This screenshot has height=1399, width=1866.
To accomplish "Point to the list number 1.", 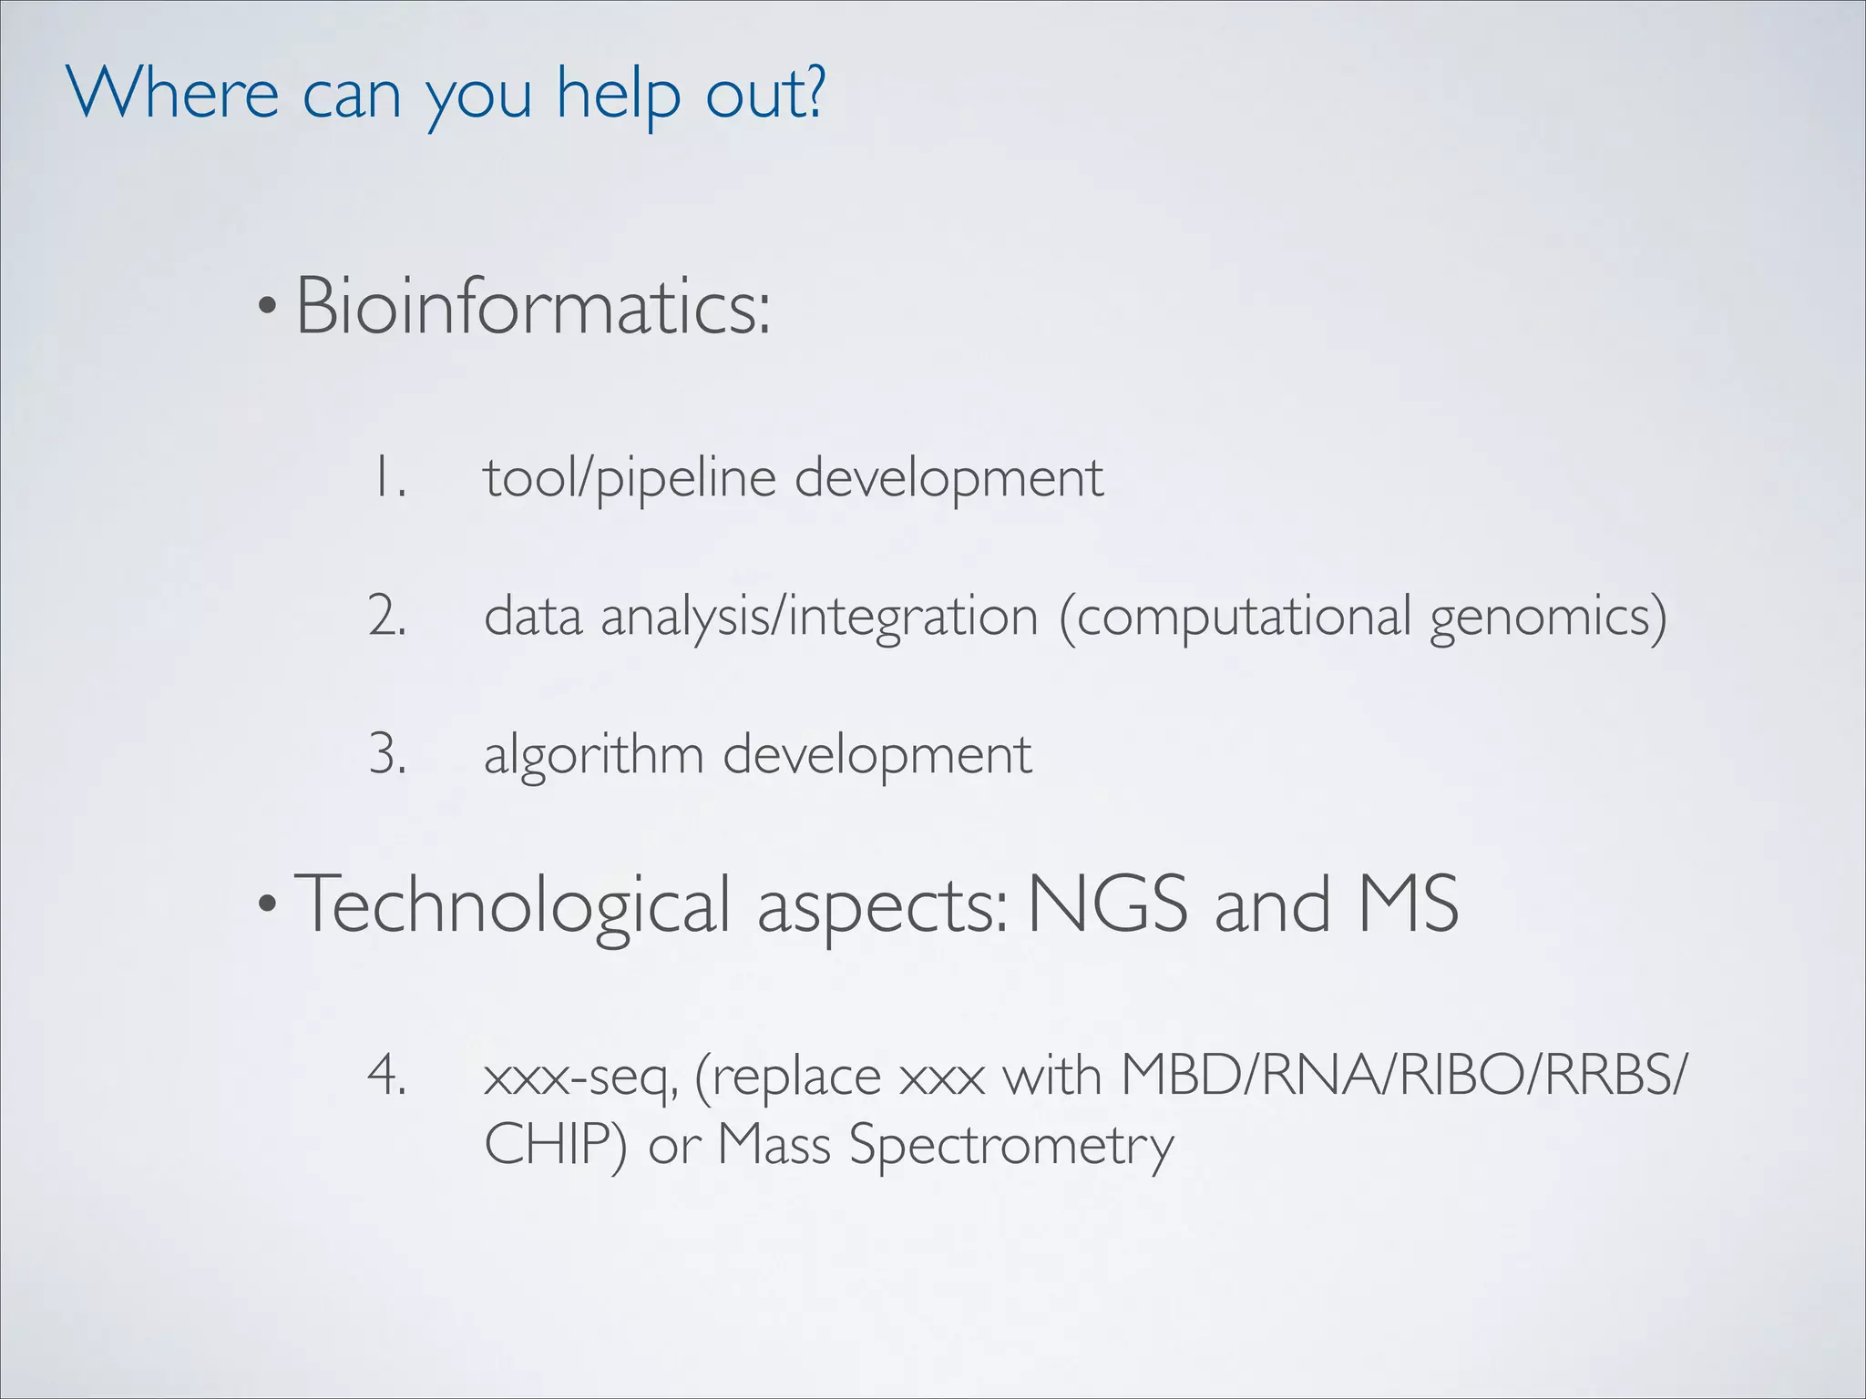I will (386, 478).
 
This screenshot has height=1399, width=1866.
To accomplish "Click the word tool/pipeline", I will (630, 478).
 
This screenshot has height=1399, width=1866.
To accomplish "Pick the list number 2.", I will (387, 617).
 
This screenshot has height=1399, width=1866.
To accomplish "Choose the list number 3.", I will (387, 755).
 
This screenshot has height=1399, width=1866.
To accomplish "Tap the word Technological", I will (511, 904).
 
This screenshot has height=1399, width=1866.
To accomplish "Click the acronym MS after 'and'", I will (1408, 904).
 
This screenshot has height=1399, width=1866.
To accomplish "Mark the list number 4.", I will (387, 1077).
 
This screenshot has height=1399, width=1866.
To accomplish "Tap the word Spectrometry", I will (1011, 1145).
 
